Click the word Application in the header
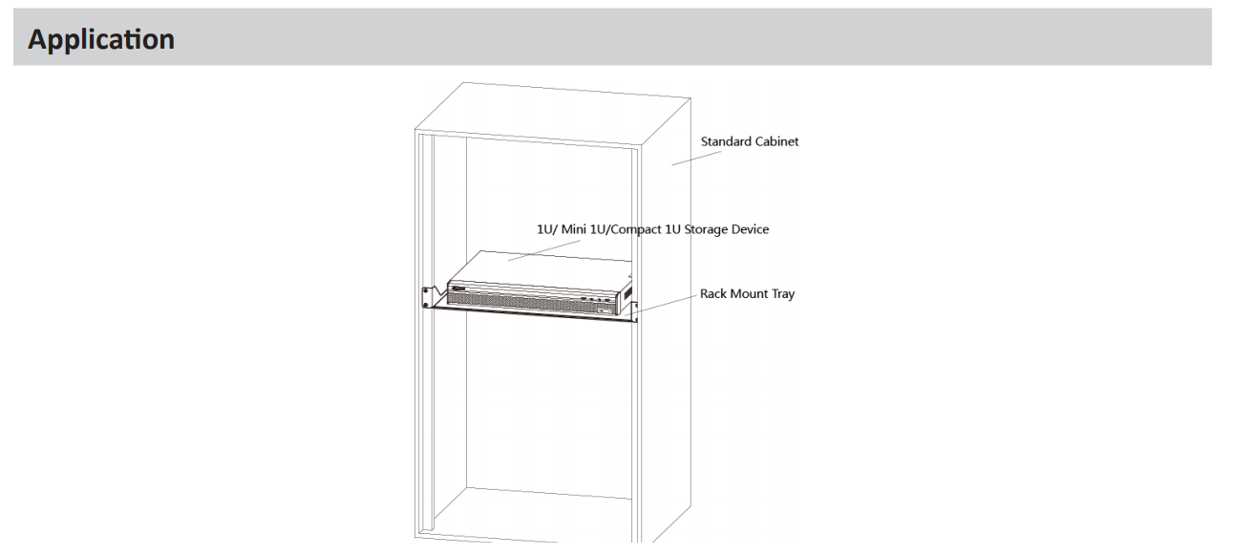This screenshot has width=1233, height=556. [101, 39]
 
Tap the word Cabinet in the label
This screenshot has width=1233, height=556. [776, 141]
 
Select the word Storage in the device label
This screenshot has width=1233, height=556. [705, 229]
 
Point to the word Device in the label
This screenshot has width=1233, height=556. [750, 229]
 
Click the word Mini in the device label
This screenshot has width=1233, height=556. [574, 229]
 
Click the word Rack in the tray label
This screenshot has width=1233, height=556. [713, 294]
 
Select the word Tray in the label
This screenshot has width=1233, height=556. [783, 294]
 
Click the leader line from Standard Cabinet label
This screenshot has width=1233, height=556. [696, 158]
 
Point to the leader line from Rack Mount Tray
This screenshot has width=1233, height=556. [661, 306]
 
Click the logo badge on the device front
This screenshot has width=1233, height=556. [458, 288]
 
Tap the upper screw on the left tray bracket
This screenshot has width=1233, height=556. [425, 290]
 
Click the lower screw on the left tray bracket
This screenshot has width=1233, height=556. [425, 305]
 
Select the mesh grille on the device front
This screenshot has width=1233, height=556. [531, 301]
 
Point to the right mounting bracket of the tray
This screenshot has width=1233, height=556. [635, 311]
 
